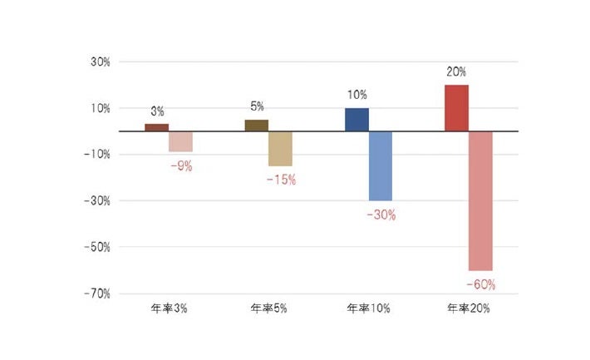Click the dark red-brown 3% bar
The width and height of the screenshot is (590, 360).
click(x=156, y=127)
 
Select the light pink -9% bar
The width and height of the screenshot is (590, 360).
click(x=180, y=141)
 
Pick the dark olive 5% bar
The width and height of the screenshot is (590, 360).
click(x=256, y=126)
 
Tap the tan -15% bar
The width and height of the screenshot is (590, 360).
click(x=280, y=149)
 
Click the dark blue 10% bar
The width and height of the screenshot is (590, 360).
click(x=356, y=120)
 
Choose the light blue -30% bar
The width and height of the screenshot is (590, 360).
click(x=381, y=165)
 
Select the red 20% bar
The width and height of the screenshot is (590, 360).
click(x=456, y=108)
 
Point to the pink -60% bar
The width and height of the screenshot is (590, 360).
click(x=480, y=200)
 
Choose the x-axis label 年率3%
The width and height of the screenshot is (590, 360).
click(x=169, y=308)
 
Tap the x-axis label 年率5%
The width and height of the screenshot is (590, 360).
click(x=268, y=308)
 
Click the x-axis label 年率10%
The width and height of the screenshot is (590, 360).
click(x=368, y=308)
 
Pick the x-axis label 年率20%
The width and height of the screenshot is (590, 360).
click(x=469, y=308)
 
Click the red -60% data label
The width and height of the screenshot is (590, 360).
click(x=480, y=284)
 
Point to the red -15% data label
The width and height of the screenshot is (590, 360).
click(x=281, y=180)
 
